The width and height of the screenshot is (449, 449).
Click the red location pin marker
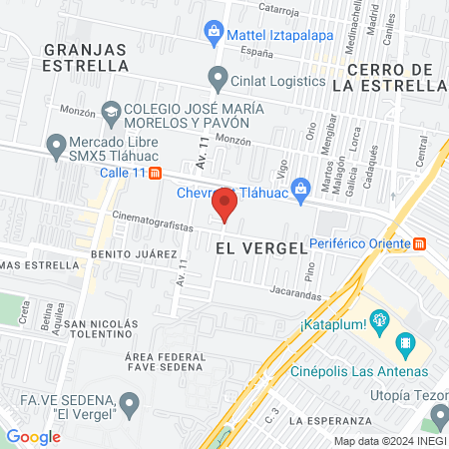pos(225,207)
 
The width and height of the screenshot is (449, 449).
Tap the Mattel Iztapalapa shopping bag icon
pos(214,33)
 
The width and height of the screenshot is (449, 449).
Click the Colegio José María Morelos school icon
pos(111,113)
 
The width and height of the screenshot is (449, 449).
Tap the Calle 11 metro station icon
pos(155,173)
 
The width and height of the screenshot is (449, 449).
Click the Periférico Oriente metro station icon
pos(420,243)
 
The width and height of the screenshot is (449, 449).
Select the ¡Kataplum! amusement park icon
pos(378,320)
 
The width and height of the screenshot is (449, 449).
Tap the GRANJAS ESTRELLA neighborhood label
pos(86,56)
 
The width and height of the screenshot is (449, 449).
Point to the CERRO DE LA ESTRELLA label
pos(393,77)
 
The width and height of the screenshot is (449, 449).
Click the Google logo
pos(33,436)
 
